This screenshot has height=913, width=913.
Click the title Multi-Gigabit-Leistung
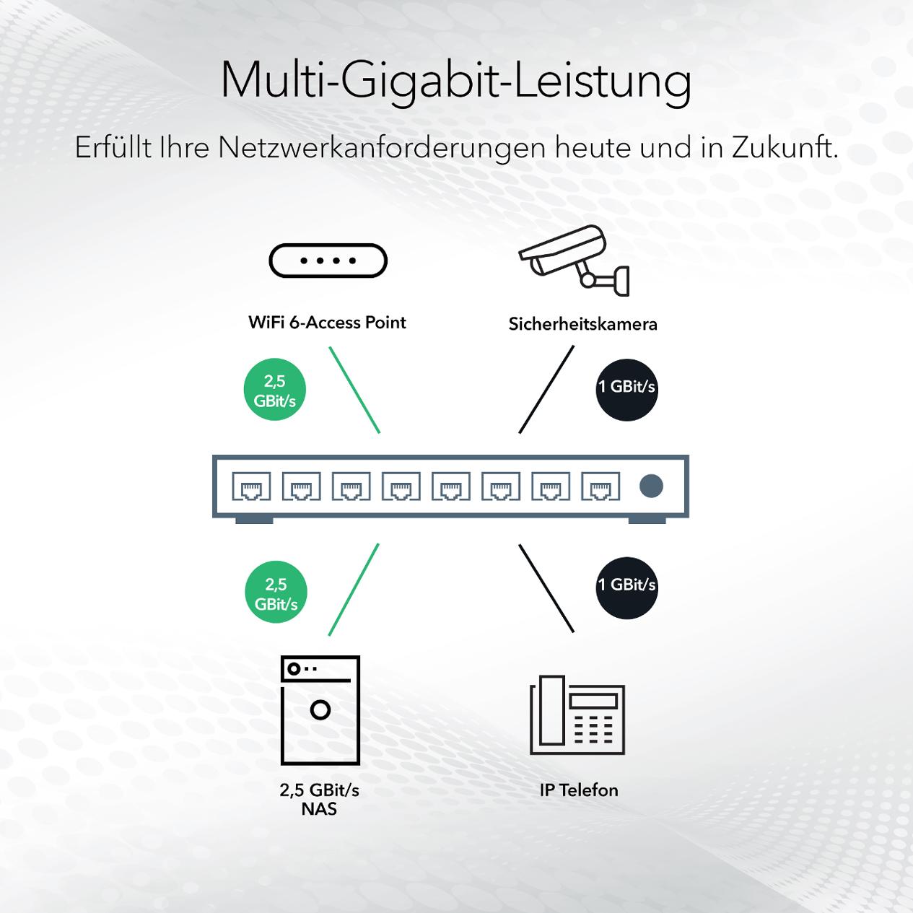tap(456, 82)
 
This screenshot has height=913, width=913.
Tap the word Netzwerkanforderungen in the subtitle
tap(382, 148)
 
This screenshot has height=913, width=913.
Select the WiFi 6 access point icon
tap(328, 261)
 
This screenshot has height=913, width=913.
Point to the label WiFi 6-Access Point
tap(328, 323)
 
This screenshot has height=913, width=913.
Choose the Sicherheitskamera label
tap(582, 324)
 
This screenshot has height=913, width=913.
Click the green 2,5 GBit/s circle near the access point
tap(275, 390)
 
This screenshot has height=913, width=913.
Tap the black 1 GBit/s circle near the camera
tap(626, 390)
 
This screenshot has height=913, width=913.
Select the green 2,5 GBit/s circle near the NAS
tap(276, 592)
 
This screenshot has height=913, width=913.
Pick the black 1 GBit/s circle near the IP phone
tap(626, 587)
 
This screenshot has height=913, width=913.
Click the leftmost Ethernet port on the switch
tap(251, 486)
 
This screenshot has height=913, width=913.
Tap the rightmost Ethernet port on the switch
tap(600, 486)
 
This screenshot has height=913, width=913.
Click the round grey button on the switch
tap(651, 486)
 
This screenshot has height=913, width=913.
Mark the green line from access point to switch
tap(354, 390)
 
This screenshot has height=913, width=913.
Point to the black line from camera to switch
tap(546, 390)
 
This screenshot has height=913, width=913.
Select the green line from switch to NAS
tap(354, 590)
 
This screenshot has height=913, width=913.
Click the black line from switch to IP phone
tap(546, 588)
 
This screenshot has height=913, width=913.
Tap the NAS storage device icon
tap(320, 710)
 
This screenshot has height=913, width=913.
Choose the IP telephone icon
tap(577, 715)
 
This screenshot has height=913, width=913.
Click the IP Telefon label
tap(579, 790)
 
